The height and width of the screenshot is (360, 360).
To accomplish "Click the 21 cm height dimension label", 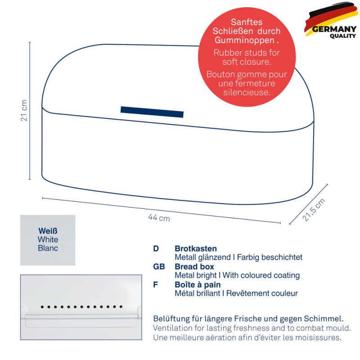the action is pyautogui.click(x=24, y=110).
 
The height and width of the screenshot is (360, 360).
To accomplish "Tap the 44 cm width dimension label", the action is pyautogui.click(x=159, y=218).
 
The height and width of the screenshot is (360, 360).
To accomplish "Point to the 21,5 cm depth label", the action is pyautogui.click(x=314, y=210).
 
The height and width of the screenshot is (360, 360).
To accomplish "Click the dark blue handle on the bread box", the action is pyautogui.click(x=152, y=112).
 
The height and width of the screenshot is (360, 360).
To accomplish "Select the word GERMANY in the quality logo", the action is pyautogui.click(x=334, y=29).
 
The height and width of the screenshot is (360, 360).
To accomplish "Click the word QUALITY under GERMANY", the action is pyautogui.click(x=343, y=36).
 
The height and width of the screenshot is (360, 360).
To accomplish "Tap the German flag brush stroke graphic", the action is pyautogui.click(x=331, y=19).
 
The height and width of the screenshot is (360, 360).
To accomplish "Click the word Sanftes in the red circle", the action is pyautogui.click(x=247, y=22).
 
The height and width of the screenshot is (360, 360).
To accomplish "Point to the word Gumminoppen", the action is pyautogui.click(x=244, y=40).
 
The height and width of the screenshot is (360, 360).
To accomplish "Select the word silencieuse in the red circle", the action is pyautogui.click(x=247, y=92).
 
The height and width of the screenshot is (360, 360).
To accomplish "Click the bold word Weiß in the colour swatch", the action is pyautogui.click(x=48, y=231).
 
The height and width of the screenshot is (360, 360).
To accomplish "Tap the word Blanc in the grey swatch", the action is pyautogui.click(x=48, y=248).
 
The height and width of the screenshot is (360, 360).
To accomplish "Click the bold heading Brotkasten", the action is pyautogui.click(x=196, y=248).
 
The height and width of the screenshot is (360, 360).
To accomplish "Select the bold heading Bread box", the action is pyautogui.click(x=194, y=266).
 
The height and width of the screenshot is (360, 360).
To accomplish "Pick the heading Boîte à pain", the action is pyautogui.click(x=198, y=285).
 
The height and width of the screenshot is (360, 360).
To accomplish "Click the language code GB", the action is pyautogui.click(x=159, y=266).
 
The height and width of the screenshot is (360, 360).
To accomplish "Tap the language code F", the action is pyautogui.click(x=155, y=285).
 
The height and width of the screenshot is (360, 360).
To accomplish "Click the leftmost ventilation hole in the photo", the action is pyautogui.click(x=42, y=307).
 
